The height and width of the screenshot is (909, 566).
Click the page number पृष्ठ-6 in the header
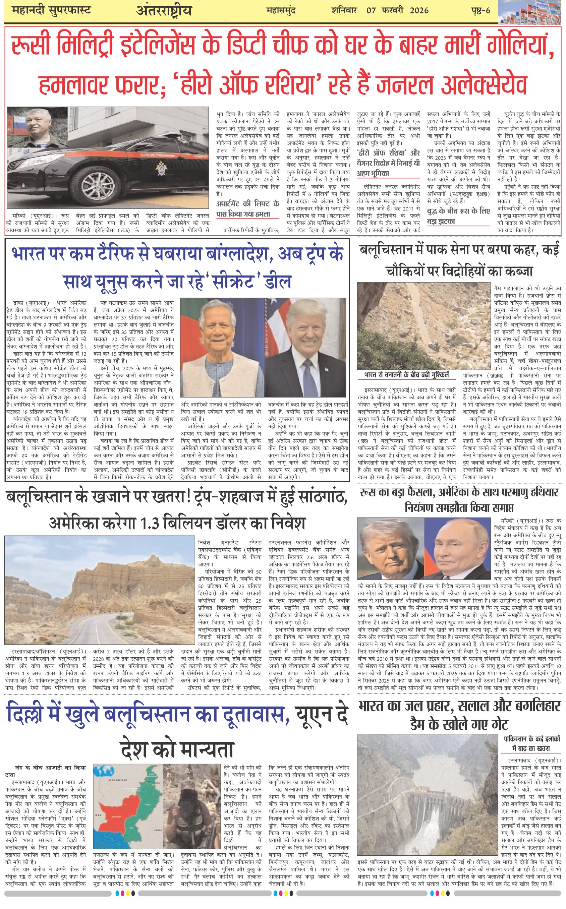point(480,10)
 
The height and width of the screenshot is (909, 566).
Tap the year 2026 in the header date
point(419,10)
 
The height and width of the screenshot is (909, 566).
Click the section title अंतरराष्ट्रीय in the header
point(164,11)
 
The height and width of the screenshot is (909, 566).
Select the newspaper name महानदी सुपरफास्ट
point(51,10)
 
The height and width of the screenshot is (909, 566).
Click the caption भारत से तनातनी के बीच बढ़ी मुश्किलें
point(406,375)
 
